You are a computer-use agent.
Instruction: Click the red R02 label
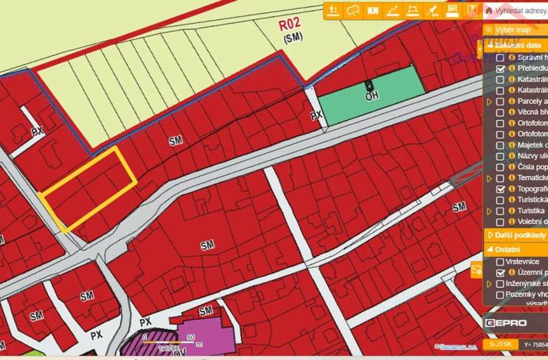pos(290,24)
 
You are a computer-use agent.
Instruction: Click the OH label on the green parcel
pos(373,96)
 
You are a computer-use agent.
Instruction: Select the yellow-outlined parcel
pos(89,188)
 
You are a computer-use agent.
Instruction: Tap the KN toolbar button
pos(374,10)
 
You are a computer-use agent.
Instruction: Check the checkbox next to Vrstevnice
pos(500,262)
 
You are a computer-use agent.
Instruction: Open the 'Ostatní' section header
pos(507,249)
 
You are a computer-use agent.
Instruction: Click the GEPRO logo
pos(505,323)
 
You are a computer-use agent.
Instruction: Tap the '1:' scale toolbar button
pos(334,10)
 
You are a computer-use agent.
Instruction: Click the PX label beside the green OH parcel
pos(316,115)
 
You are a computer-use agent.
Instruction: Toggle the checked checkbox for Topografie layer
pos(500,188)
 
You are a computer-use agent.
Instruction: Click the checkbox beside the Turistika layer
pos(500,211)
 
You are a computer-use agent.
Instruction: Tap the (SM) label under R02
pos(293,37)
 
